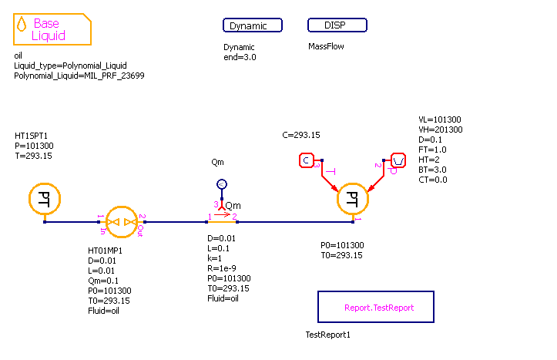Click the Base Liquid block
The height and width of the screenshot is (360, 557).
(52, 29)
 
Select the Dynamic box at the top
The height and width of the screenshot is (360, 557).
(253, 25)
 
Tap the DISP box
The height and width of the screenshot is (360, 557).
(337, 25)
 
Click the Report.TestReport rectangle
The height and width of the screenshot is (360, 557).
(376, 307)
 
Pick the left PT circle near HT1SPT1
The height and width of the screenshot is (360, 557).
(45, 198)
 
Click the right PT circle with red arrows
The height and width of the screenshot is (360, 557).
(353, 199)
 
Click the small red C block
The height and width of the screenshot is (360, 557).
(307, 160)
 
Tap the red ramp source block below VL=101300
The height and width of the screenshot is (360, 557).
(398, 160)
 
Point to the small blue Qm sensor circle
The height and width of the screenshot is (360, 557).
(221, 184)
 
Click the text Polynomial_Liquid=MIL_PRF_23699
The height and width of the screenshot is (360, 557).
(79, 76)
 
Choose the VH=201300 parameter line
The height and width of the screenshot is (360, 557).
(440, 130)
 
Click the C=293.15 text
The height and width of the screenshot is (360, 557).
(301, 135)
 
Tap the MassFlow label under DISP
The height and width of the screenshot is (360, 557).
(326, 46)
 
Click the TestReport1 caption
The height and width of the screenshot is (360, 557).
(328, 335)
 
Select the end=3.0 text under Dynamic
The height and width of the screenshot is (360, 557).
(240, 57)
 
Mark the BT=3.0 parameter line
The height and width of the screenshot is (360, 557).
(432, 170)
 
